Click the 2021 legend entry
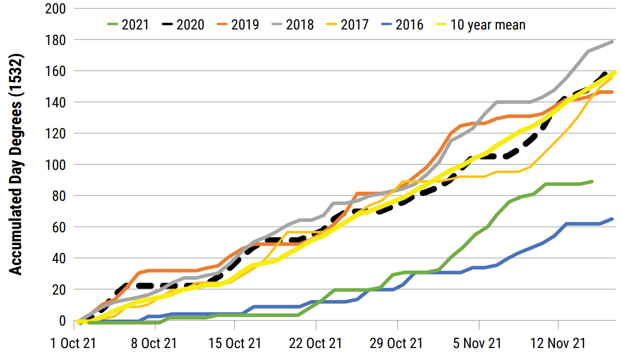point(128,24)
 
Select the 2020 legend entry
point(183,24)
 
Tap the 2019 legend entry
point(238,24)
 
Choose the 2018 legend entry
point(293,24)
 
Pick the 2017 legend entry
point(348,24)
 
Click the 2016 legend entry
point(402,24)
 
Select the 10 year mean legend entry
point(480,24)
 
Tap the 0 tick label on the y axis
point(62,321)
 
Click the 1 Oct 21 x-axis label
point(74,344)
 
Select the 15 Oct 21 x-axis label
point(235,344)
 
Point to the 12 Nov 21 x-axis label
point(559,344)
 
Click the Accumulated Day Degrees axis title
point(16,165)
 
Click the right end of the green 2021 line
point(593,181)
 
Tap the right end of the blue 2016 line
point(613,219)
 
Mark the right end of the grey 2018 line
point(613,41)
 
